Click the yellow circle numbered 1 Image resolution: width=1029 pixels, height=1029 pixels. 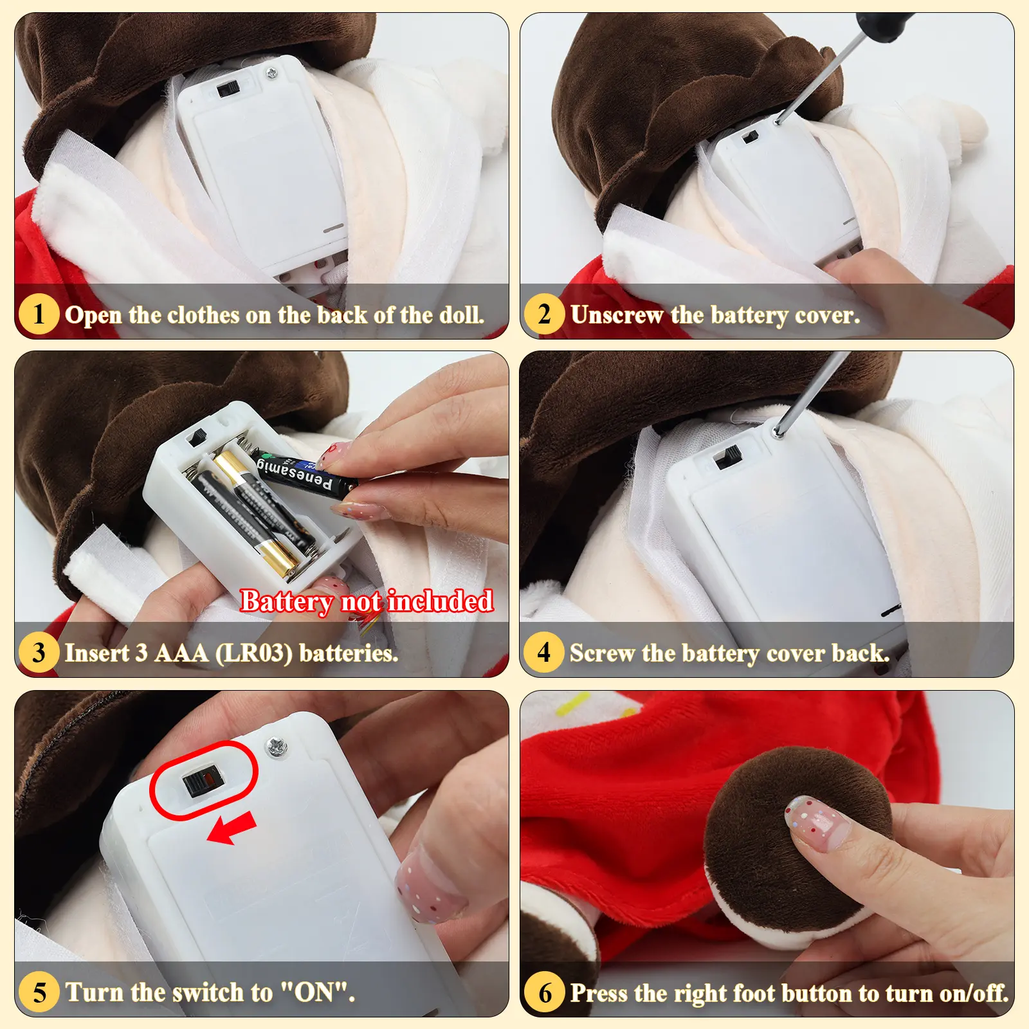[x=39, y=314]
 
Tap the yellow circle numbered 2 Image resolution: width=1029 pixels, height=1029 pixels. [x=544, y=314]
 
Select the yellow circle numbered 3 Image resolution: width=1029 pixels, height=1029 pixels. [x=39, y=652]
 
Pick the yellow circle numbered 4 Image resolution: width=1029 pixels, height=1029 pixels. [x=544, y=652]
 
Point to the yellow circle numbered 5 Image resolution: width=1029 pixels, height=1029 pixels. [x=39, y=992]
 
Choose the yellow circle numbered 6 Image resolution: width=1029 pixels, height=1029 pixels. [x=544, y=992]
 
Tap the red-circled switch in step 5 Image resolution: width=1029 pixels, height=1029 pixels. [x=201, y=782]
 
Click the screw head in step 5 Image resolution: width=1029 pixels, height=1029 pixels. [x=277, y=747]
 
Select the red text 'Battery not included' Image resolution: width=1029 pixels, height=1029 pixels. [x=367, y=601]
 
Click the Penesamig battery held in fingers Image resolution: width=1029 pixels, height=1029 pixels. [x=306, y=474]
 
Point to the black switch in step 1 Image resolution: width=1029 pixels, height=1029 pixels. [x=227, y=88]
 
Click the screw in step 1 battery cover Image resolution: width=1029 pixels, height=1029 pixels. [x=272, y=74]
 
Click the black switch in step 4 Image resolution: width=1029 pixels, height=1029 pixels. [x=728, y=458]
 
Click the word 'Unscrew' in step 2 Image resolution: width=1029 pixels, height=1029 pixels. [x=616, y=315]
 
